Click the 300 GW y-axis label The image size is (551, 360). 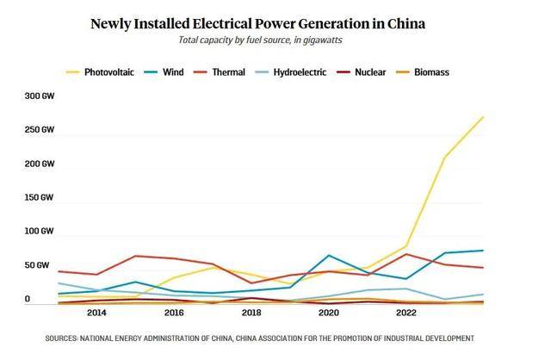pos(40,96)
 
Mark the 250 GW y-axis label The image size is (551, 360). pos(40,130)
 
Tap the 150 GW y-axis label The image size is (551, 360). pos(40,198)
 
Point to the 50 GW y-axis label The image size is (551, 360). pos(40,265)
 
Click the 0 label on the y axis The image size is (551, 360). pos(28,299)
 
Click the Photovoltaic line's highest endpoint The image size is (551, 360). pos(483,116)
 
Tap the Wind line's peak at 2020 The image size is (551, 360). pos(329,255)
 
